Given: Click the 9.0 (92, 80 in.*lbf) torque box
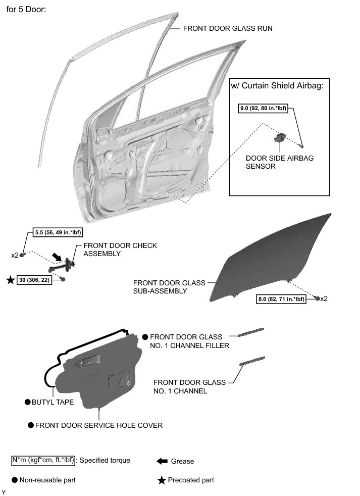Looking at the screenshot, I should coord(263,108).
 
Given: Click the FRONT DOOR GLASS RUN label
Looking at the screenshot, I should coord(228,28).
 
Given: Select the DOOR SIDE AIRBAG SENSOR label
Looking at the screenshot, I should coord(280,162).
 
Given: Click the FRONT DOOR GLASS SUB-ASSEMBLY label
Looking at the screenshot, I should coord(169,287).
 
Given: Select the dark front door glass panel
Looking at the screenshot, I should coord(273,258).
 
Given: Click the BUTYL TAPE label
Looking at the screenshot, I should coord(53,402).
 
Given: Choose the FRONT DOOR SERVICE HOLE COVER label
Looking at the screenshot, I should coord(99,425).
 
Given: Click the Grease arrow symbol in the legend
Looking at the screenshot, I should coord(162,461).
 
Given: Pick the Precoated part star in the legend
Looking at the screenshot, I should coord(162,480).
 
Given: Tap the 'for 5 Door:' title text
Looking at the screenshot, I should coord(26,10).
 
